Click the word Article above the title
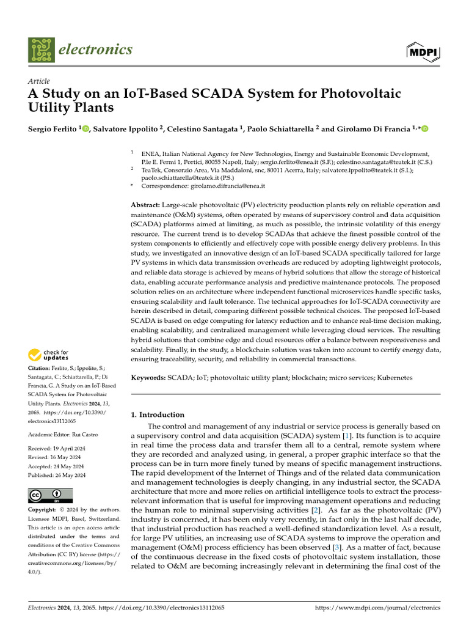(39, 81)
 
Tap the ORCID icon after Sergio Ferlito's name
(85, 129)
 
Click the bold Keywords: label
(148, 378)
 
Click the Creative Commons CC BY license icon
(50, 495)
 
